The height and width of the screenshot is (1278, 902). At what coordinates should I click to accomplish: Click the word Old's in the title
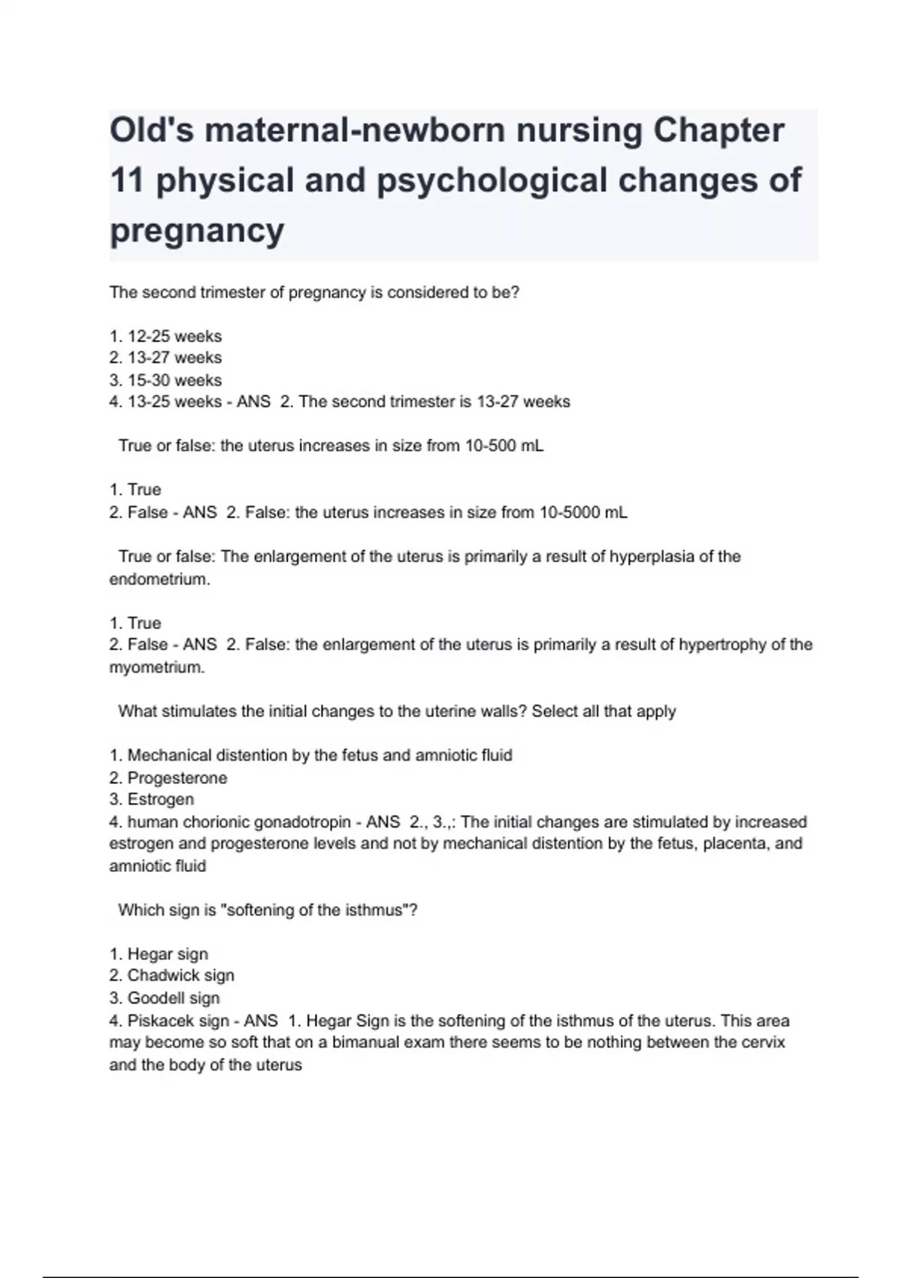[152, 130]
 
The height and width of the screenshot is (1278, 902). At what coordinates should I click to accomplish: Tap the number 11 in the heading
[127, 180]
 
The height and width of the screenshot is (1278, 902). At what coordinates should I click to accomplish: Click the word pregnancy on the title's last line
[197, 230]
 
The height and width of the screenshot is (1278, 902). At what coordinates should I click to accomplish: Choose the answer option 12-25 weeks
[174, 336]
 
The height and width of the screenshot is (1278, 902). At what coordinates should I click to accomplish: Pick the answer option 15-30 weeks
[174, 380]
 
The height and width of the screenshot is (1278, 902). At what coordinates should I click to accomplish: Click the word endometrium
[159, 580]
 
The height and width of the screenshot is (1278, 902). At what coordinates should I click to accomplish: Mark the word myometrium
[156, 668]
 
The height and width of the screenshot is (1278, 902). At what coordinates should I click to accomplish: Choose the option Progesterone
[177, 778]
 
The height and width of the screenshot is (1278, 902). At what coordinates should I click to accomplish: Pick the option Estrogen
[160, 800]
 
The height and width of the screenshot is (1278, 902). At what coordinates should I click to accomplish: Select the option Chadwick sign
[180, 976]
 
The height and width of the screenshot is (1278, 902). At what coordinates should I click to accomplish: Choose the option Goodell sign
[173, 998]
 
